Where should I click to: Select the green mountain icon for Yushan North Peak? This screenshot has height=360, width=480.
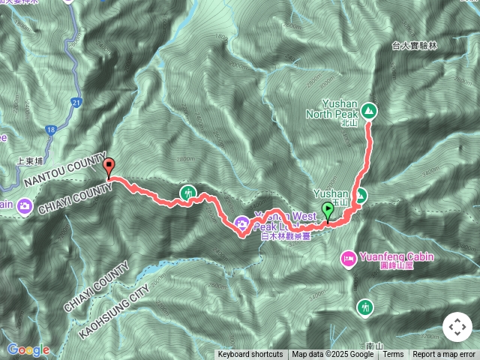369,111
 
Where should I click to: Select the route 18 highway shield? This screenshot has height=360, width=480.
50,130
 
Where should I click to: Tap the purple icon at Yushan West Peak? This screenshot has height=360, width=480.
241,222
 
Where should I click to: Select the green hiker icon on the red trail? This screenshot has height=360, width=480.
187,193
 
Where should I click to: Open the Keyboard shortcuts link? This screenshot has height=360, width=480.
250,354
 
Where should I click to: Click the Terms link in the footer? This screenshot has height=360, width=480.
394,354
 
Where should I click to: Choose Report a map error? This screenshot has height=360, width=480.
444,354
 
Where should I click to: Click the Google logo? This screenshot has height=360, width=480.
28,349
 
